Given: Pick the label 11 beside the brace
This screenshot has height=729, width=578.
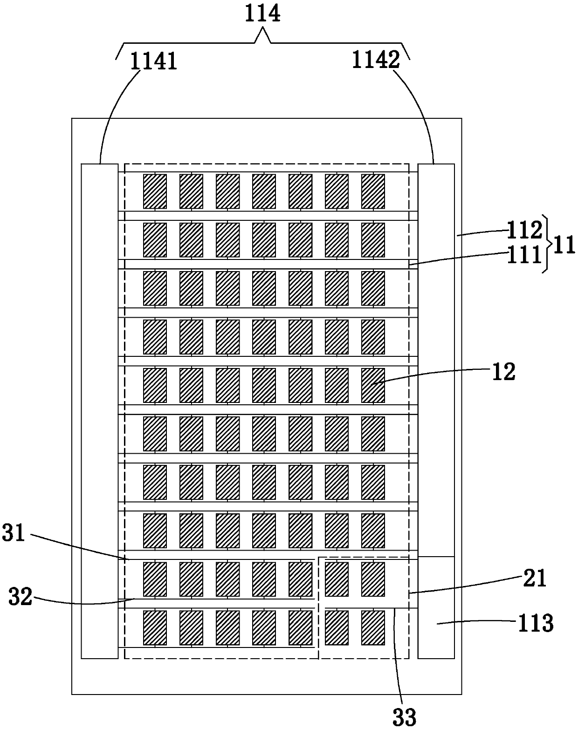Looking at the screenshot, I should (x=564, y=245).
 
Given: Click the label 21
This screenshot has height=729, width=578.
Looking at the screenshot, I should (x=534, y=578).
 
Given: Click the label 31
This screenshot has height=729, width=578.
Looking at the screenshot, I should (x=14, y=533).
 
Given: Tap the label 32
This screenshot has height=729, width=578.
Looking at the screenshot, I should (x=21, y=597).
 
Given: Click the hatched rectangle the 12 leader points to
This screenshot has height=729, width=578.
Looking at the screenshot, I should (x=373, y=385).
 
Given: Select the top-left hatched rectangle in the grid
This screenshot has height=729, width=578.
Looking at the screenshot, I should (x=155, y=191).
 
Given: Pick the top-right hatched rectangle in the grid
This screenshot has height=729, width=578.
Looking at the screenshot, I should (x=373, y=191).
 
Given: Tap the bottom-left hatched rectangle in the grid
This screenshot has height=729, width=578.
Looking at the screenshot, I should (x=155, y=628).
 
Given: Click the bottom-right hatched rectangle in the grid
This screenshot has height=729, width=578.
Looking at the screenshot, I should (x=373, y=628).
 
